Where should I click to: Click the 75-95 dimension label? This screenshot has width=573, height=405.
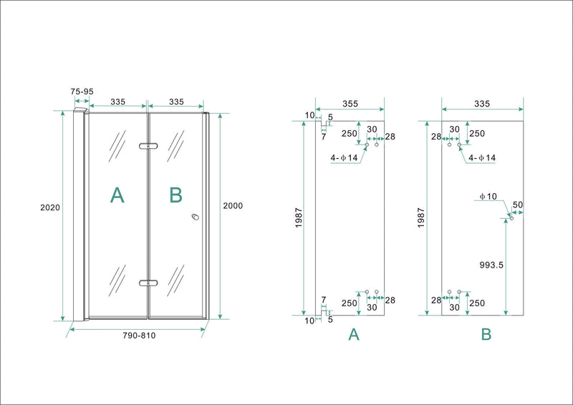click(82, 92)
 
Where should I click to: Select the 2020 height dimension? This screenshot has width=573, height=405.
click(49, 208)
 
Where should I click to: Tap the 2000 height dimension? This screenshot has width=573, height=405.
click(233, 205)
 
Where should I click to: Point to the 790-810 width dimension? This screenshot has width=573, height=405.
click(138, 336)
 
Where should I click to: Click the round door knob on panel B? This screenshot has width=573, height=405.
click(194, 218)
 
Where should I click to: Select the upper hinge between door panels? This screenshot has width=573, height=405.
click(148, 147)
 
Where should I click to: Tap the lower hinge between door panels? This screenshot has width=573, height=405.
click(148, 283)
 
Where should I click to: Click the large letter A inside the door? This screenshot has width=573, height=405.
click(117, 195)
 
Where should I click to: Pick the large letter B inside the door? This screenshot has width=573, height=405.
click(176, 195)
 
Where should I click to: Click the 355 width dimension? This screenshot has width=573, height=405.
click(350, 104)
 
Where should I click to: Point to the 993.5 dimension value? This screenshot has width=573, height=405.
click(491, 264)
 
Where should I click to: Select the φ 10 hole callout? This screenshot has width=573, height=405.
click(489, 196)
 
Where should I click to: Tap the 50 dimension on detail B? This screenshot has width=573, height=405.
click(518, 205)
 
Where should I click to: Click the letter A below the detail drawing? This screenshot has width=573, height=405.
click(353, 334)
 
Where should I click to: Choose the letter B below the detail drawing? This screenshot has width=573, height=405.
click(486, 334)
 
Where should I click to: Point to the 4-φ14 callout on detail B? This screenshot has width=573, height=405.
click(481, 158)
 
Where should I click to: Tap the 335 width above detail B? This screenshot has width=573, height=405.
click(481, 104)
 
